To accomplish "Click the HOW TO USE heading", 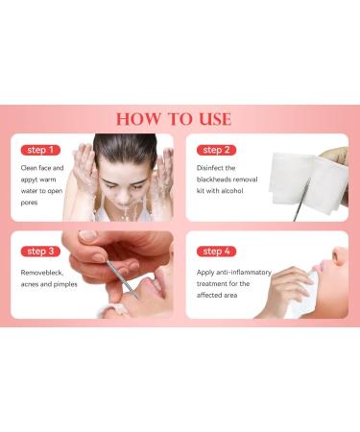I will [x=174, y=120].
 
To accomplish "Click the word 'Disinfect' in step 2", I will [x=212, y=168].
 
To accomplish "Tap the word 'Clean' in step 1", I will [x=30, y=168].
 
